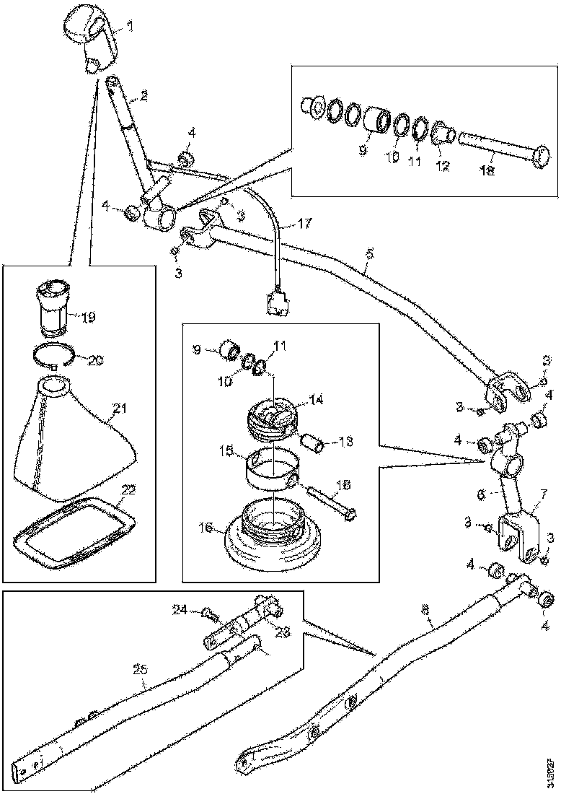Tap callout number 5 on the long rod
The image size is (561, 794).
click(369, 254)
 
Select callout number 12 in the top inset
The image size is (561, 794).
click(441, 165)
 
